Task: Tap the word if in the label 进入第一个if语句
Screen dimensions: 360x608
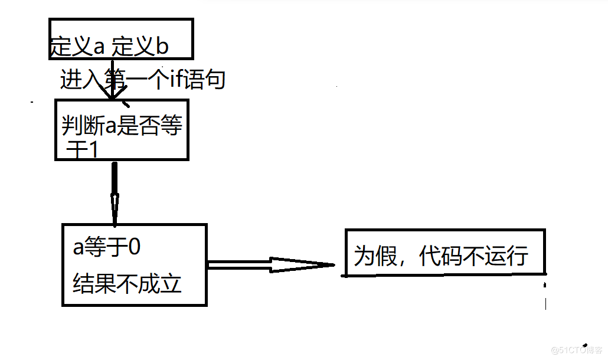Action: click(x=176, y=79)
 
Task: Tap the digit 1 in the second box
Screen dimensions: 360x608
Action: click(x=91, y=150)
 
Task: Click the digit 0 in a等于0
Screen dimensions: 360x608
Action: click(x=134, y=247)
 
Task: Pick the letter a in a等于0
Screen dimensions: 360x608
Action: click(x=79, y=248)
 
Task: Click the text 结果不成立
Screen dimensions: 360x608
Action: click(x=127, y=284)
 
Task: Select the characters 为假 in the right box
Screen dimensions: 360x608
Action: click(x=374, y=257)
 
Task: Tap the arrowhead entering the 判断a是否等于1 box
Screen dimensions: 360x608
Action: click(x=112, y=94)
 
